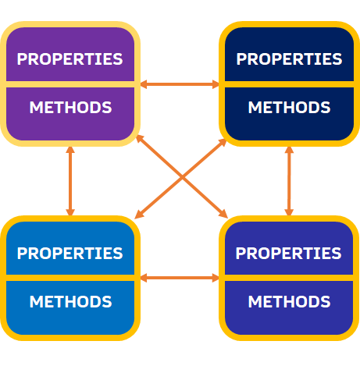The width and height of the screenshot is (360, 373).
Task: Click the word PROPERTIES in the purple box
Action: [70, 59]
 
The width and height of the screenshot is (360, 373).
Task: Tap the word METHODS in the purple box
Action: [70, 107]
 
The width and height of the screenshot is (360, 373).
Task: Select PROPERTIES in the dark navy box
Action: [289, 59]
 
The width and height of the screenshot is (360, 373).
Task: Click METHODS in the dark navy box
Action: [289, 107]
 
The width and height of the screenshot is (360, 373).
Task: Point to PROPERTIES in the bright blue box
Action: [70, 253]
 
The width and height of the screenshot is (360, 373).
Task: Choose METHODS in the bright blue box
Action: [70, 301]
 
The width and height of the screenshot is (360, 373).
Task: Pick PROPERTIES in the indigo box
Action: [288, 253]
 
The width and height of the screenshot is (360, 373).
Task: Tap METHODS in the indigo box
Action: [289, 301]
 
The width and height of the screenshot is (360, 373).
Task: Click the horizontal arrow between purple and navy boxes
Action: [180, 84]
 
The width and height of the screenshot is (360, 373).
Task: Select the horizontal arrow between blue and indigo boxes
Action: [180, 278]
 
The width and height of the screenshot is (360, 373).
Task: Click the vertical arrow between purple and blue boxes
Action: [70, 181]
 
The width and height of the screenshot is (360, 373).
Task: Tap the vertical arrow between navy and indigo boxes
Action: [289, 181]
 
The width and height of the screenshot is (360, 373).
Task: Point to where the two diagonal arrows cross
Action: [182, 178]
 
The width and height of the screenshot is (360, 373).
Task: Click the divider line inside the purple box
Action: [70, 84]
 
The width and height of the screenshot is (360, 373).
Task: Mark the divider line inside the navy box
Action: [289, 84]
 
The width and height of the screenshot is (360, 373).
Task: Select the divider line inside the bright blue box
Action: [70, 278]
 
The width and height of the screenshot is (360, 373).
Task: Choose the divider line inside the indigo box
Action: [289, 278]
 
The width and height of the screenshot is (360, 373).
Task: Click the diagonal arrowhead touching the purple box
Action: [140, 139]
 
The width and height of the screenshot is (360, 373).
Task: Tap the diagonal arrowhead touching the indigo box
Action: [223, 214]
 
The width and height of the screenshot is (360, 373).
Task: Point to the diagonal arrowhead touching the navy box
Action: [223, 142]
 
